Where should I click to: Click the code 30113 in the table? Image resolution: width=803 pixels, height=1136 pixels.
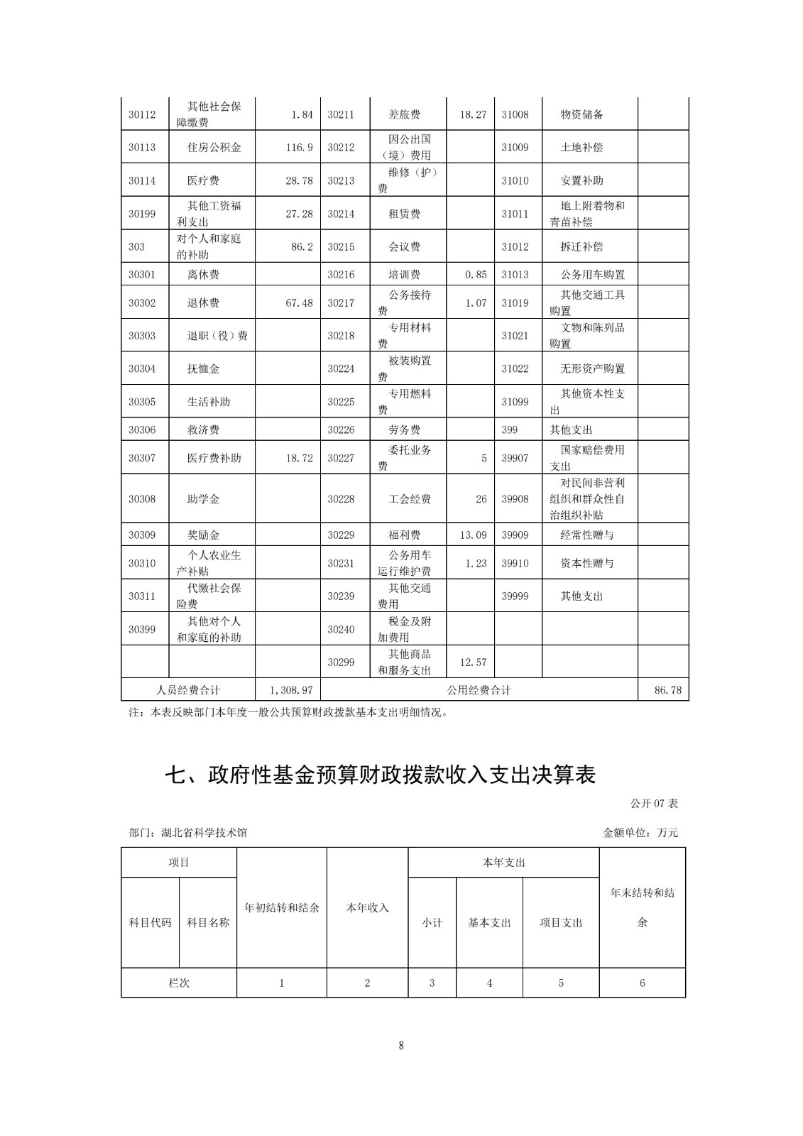point(141,148)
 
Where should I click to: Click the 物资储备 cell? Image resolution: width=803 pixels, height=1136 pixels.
point(581,114)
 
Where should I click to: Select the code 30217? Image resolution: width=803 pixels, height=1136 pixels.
point(341,303)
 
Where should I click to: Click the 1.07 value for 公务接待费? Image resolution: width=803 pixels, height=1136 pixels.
point(476,303)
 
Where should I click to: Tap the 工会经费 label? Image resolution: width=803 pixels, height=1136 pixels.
point(410,499)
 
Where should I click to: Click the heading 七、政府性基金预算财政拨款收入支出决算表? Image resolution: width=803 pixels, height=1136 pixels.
point(380,775)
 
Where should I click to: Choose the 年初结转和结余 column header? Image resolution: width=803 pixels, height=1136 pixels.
point(282,907)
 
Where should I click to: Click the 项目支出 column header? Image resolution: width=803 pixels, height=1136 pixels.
point(561,923)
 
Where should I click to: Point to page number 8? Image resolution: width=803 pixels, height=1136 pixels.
point(401,1045)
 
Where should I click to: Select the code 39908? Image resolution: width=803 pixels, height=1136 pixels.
point(515,499)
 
